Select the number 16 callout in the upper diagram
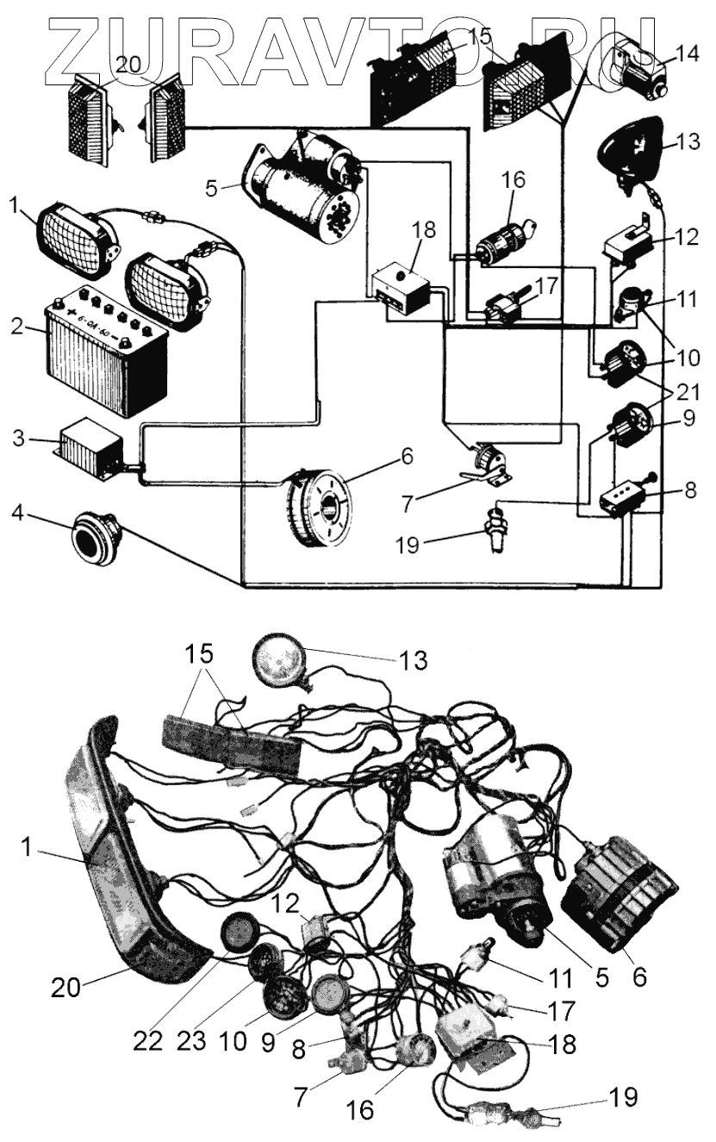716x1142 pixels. point(514,179)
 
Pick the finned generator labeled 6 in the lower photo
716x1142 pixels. point(617,896)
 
